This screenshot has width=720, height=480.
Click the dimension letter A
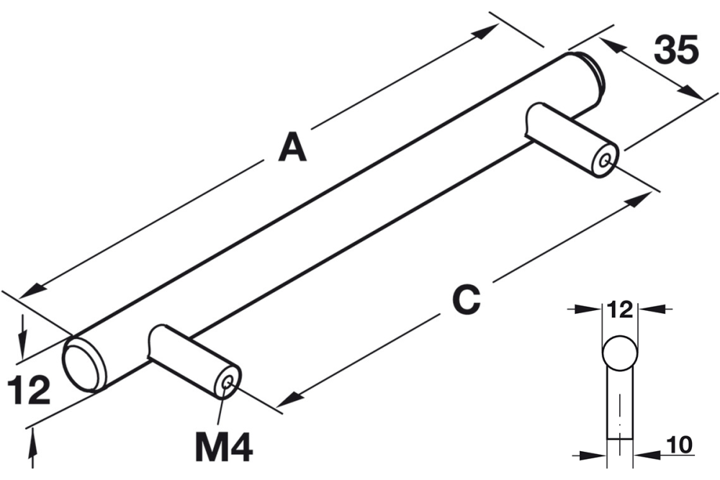292,148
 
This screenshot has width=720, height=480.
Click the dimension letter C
465,299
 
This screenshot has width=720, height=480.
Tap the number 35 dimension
676,51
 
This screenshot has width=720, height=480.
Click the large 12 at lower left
29,390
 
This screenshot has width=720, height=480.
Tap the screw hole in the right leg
607,161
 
